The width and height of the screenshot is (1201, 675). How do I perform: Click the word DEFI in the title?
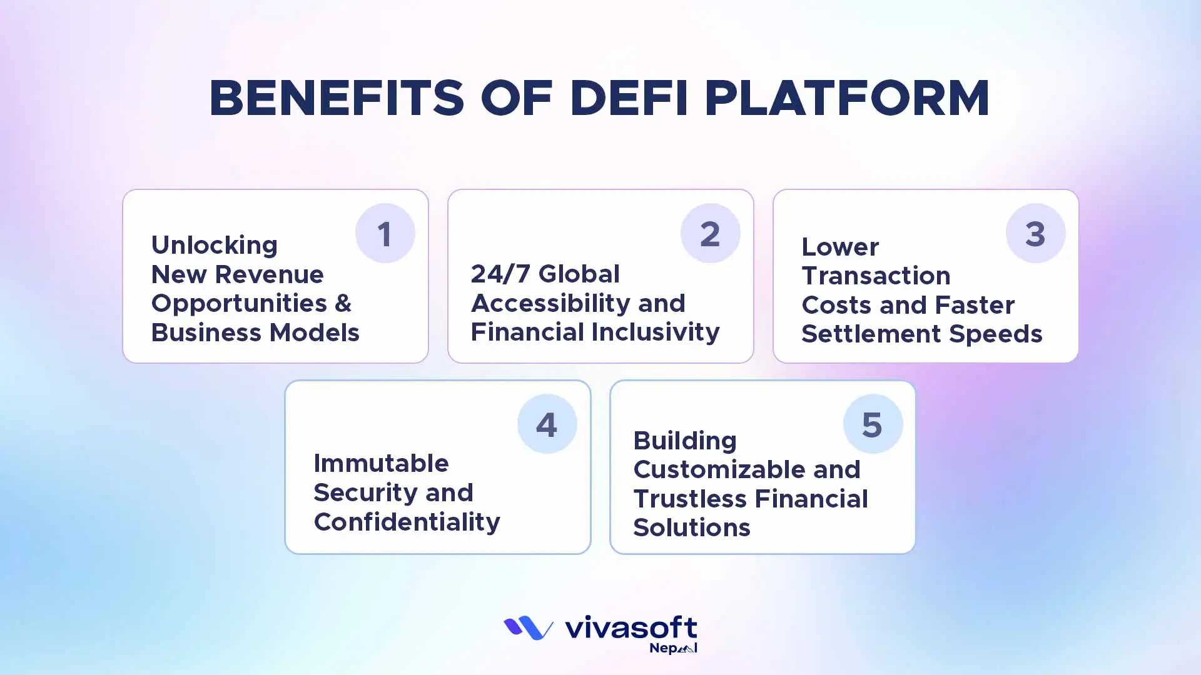629,99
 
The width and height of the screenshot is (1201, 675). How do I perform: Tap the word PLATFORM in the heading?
848,99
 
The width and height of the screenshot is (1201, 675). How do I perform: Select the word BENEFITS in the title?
337,99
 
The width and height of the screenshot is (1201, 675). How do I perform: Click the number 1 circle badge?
385,234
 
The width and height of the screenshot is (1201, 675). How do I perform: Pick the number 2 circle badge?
710,234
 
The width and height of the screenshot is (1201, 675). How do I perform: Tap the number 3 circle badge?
1035,234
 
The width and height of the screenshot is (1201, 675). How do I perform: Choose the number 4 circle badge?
547,424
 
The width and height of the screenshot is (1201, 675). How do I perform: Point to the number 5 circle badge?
872,424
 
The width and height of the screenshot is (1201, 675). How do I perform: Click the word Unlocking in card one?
215,245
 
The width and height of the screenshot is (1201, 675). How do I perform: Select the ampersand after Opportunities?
343,303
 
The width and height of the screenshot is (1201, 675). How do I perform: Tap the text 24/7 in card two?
500,274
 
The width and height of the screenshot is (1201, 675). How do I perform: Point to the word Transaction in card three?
876,276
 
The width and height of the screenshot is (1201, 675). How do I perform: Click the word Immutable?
381,463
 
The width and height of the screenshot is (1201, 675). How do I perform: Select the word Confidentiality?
407,521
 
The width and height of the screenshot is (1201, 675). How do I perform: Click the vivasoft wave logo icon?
529,628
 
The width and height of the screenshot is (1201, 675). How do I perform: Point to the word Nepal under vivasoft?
673,648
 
